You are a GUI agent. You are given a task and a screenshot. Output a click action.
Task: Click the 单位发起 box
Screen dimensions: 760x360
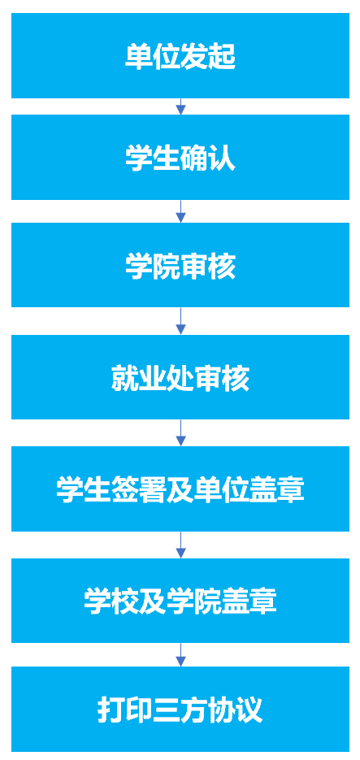pyautogui.click(x=180, y=55)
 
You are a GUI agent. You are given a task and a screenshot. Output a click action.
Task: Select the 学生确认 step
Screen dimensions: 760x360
pyautogui.click(x=180, y=157)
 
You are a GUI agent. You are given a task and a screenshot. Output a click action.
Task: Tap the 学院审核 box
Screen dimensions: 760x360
pyautogui.click(x=180, y=265)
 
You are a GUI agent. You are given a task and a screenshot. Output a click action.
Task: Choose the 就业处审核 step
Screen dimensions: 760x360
pyautogui.click(x=180, y=377)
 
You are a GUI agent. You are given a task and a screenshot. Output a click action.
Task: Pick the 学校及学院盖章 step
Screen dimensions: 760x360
pyautogui.click(x=180, y=600)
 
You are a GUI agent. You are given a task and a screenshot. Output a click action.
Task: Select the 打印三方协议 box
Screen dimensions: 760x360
pyautogui.click(x=180, y=710)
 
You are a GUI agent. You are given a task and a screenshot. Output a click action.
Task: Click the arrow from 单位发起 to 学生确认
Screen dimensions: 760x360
pyautogui.click(x=180, y=106)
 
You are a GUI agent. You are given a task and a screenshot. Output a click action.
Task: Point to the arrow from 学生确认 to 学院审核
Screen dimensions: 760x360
pyautogui.click(x=180, y=211)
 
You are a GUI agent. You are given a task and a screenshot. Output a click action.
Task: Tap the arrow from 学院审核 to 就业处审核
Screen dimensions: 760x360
pyautogui.click(x=180, y=321)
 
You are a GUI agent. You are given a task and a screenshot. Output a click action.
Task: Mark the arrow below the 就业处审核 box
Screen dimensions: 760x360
pyautogui.click(x=180, y=432)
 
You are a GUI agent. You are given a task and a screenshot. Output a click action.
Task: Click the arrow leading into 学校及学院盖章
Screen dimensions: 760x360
pyautogui.click(x=180, y=545)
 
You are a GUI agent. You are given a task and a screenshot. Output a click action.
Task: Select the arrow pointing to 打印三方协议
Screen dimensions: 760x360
pyautogui.click(x=180, y=655)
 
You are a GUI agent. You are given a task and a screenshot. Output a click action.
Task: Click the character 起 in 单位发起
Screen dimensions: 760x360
pyautogui.click(x=222, y=56)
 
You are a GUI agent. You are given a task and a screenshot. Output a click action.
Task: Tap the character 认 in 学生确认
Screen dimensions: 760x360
pyautogui.click(x=222, y=158)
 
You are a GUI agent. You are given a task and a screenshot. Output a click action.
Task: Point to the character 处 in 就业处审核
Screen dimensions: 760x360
pyautogui.click(x=180, y=378)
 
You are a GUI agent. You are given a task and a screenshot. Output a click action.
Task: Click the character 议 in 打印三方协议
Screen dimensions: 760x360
pyautogui.click(x=249, y=710)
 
